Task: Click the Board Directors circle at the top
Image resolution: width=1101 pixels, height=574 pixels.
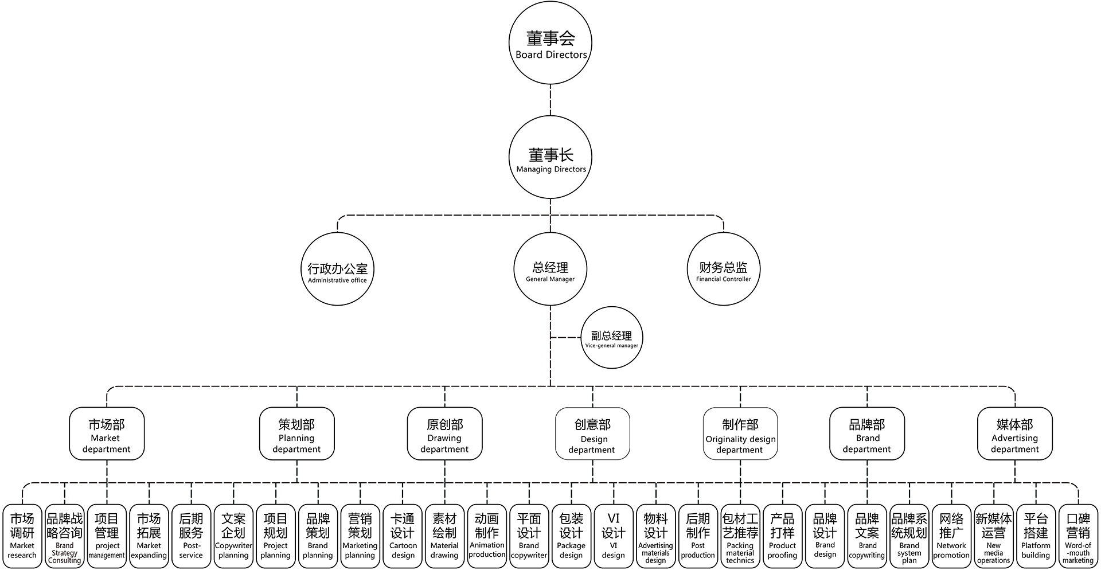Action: coord(550,44)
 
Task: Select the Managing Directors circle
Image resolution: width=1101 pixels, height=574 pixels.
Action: coord(550,158)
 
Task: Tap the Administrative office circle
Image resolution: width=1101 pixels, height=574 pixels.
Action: coord(337,269)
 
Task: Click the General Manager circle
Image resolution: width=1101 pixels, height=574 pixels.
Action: coord(550,269)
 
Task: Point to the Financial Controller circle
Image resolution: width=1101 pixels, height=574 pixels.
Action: coord(724,269)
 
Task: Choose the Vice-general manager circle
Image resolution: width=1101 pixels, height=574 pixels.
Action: coord(611,338)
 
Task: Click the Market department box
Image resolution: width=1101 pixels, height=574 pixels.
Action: coord(107,434)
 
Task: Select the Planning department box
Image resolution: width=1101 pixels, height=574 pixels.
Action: coord(296,434)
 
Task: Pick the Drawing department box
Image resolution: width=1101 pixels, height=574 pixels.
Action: coord(444,434)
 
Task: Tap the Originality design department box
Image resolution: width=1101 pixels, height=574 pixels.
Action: coord(740,434)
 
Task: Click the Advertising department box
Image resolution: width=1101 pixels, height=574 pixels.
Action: coord(1014,434)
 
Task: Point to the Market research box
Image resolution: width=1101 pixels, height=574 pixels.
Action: coord(22,537)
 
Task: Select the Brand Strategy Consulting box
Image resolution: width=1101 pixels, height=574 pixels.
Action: coord(64,537)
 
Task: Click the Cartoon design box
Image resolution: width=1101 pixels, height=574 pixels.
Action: coord(403,537)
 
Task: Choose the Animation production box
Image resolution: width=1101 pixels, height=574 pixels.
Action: coord(487,537)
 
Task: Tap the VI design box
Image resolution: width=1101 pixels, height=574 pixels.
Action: coord(614,537)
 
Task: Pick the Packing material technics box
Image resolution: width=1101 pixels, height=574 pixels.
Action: coord(740,537)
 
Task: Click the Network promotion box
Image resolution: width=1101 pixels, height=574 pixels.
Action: coord(951,537)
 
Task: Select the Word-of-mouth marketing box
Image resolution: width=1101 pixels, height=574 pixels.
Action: coord(1078,537)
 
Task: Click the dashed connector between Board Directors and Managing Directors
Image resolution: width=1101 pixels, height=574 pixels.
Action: coord(550,100)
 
